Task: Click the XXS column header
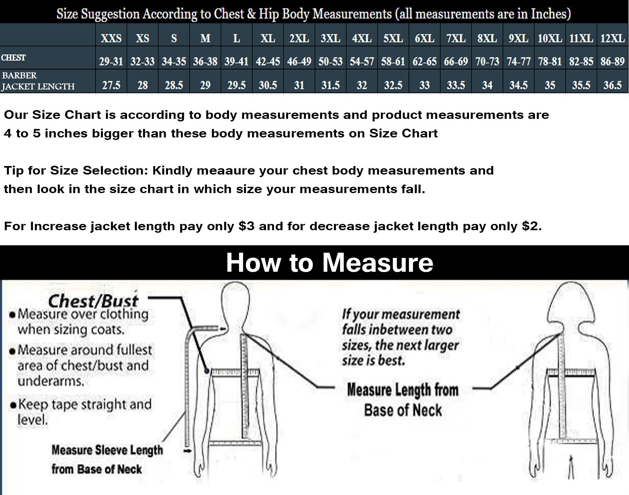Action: (x=111, y=38)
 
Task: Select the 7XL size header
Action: (x=456, y=38)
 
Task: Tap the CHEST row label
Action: (x=13, y=58)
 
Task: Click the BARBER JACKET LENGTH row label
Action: (x=38, y=81)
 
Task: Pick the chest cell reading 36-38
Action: (x=205, y=61)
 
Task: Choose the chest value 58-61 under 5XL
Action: (x=393, y=61)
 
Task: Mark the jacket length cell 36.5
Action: (x=612, y=85)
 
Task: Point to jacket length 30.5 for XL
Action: (x=268, y=85)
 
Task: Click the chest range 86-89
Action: (x=612, y=61)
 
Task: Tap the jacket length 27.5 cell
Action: (x=111, y=85)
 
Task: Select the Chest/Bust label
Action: (x=93, y=301)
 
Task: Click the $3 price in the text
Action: (x=246, y=226)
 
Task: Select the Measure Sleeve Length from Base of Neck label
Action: (x=107, y=459)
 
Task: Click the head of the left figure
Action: (x=236, y=302)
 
